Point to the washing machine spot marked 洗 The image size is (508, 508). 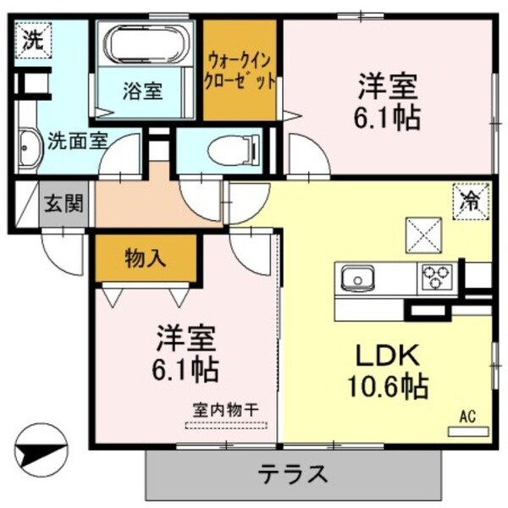click(x=32, y=37)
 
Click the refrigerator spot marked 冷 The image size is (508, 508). click(x=469, y=202)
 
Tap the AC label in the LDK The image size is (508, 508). click(x=467, y=416)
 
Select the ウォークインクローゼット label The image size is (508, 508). click(x=240, y=72)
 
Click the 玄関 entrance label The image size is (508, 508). click(x=63, y=204)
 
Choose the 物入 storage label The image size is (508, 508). click(x=145, y=257)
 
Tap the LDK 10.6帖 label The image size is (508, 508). click(x=385, y=370)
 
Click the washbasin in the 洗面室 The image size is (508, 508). click(x=29, y=151)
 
